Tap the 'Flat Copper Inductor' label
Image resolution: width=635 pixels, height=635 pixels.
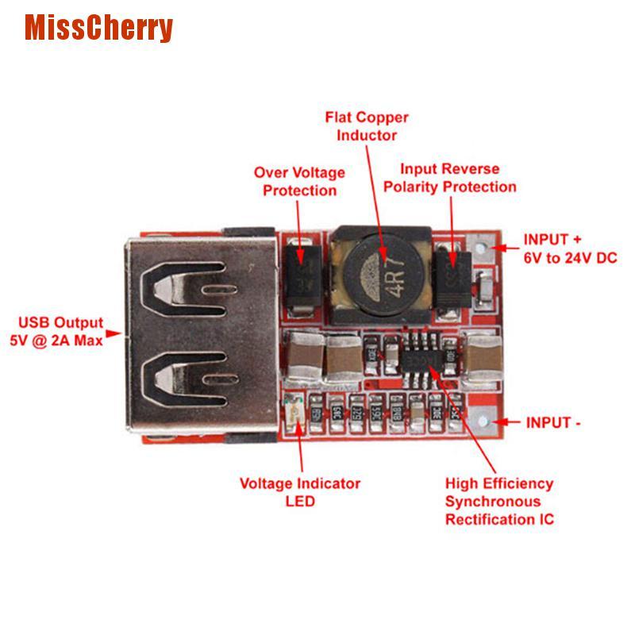tap(367, 126)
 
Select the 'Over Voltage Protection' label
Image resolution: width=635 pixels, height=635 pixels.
tap(299, 181)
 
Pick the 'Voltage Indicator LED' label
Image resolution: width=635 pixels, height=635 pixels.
tap(300, 492)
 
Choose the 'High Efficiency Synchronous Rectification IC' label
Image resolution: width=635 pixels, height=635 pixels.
tap(498, 502)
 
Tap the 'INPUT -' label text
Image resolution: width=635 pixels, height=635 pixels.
tap(553, 423)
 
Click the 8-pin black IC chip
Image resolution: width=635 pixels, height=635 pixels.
tap(425, 362)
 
